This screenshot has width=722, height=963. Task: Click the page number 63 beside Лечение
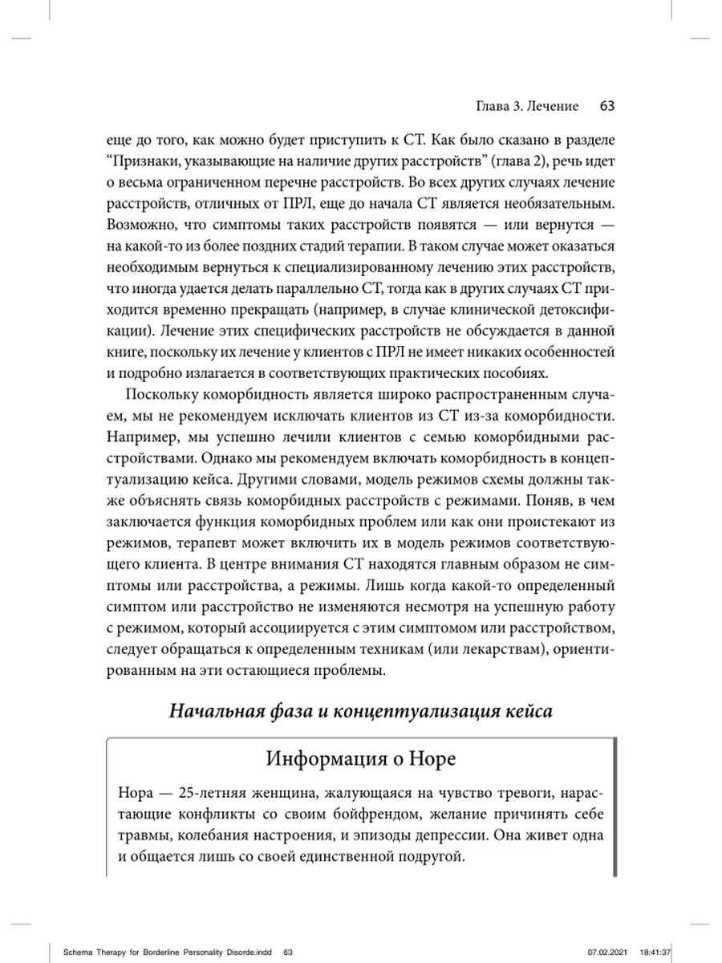(606, 106)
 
